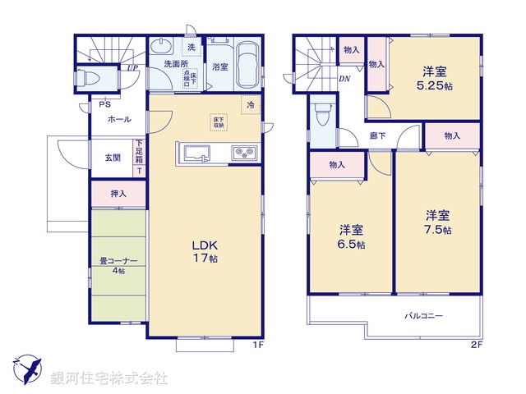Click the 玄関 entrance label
point(113,157)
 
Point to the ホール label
point(119,120)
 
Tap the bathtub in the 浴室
point(247,66)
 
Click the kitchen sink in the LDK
point(198,152)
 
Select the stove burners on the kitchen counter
point(243,153)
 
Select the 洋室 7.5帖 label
point(437,222)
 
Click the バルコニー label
point(423,315)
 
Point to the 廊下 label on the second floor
point(378,136)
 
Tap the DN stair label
point(344,79)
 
